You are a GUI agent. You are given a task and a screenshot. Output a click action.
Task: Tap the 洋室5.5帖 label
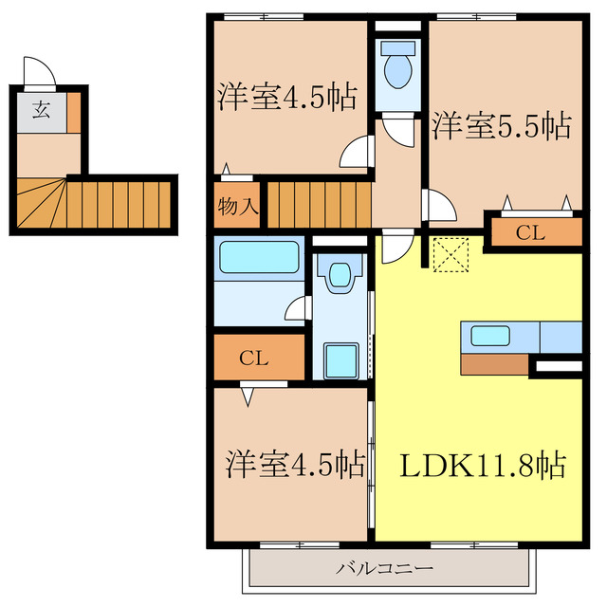[x=502, y=125]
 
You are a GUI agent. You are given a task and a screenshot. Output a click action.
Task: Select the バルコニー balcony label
[x=385, y=569]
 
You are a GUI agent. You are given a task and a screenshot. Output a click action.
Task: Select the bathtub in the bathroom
[x=258, y=259]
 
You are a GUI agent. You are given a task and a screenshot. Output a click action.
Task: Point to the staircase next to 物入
[x=318, y=204]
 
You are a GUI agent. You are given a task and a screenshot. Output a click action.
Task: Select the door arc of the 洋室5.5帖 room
[x=440, y=205]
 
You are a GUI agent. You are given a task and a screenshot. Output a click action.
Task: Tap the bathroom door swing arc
[x=298, y=308]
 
